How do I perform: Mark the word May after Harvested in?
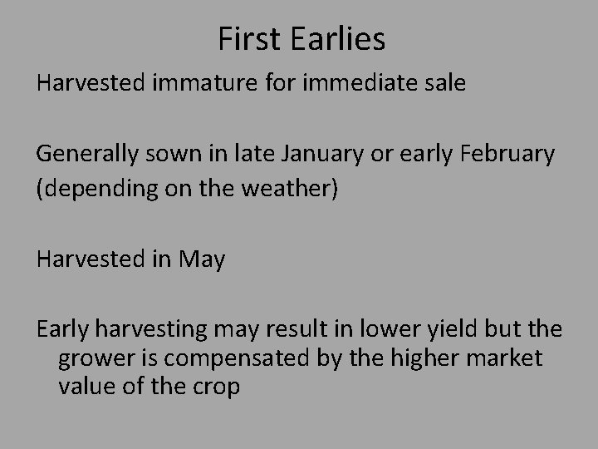click(202, 260)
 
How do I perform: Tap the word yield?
click(453, 331)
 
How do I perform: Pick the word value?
click(85, 387)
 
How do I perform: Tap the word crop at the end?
click(216, 387)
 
